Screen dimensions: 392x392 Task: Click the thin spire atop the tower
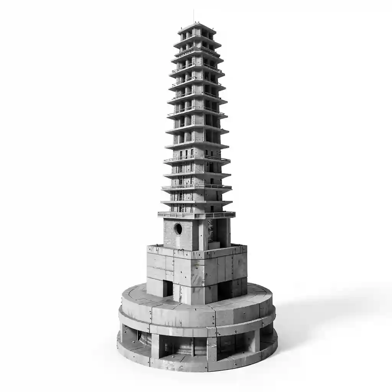click(193, 16)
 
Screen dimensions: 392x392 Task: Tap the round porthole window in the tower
click(178, 229)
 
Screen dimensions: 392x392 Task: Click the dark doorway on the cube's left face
click(168, 288)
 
